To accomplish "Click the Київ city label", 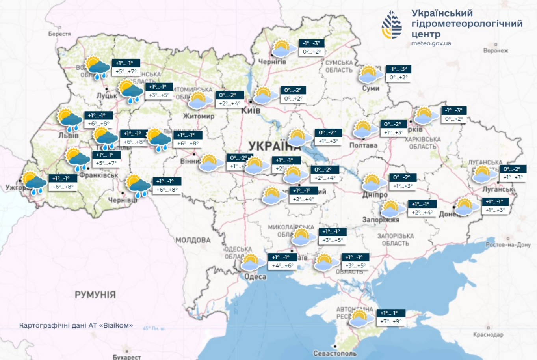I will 251,110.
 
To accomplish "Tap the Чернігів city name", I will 272,62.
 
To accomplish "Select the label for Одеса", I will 255,277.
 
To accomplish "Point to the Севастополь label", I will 334,353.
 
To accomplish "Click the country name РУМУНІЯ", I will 95,295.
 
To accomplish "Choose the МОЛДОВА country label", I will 193,240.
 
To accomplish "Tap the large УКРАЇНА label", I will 274,146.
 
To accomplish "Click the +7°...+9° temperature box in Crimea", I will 391,321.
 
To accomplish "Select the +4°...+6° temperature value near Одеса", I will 282,266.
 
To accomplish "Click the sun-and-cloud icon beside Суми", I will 370,74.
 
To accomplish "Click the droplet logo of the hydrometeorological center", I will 392,25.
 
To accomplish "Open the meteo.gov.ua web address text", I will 431,43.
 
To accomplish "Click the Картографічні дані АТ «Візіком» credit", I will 76,326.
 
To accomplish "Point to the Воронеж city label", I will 496,50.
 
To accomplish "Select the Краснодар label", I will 488,334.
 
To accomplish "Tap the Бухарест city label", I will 126,357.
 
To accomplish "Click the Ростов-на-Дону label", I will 508,244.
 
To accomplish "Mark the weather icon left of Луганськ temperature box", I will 485,174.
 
